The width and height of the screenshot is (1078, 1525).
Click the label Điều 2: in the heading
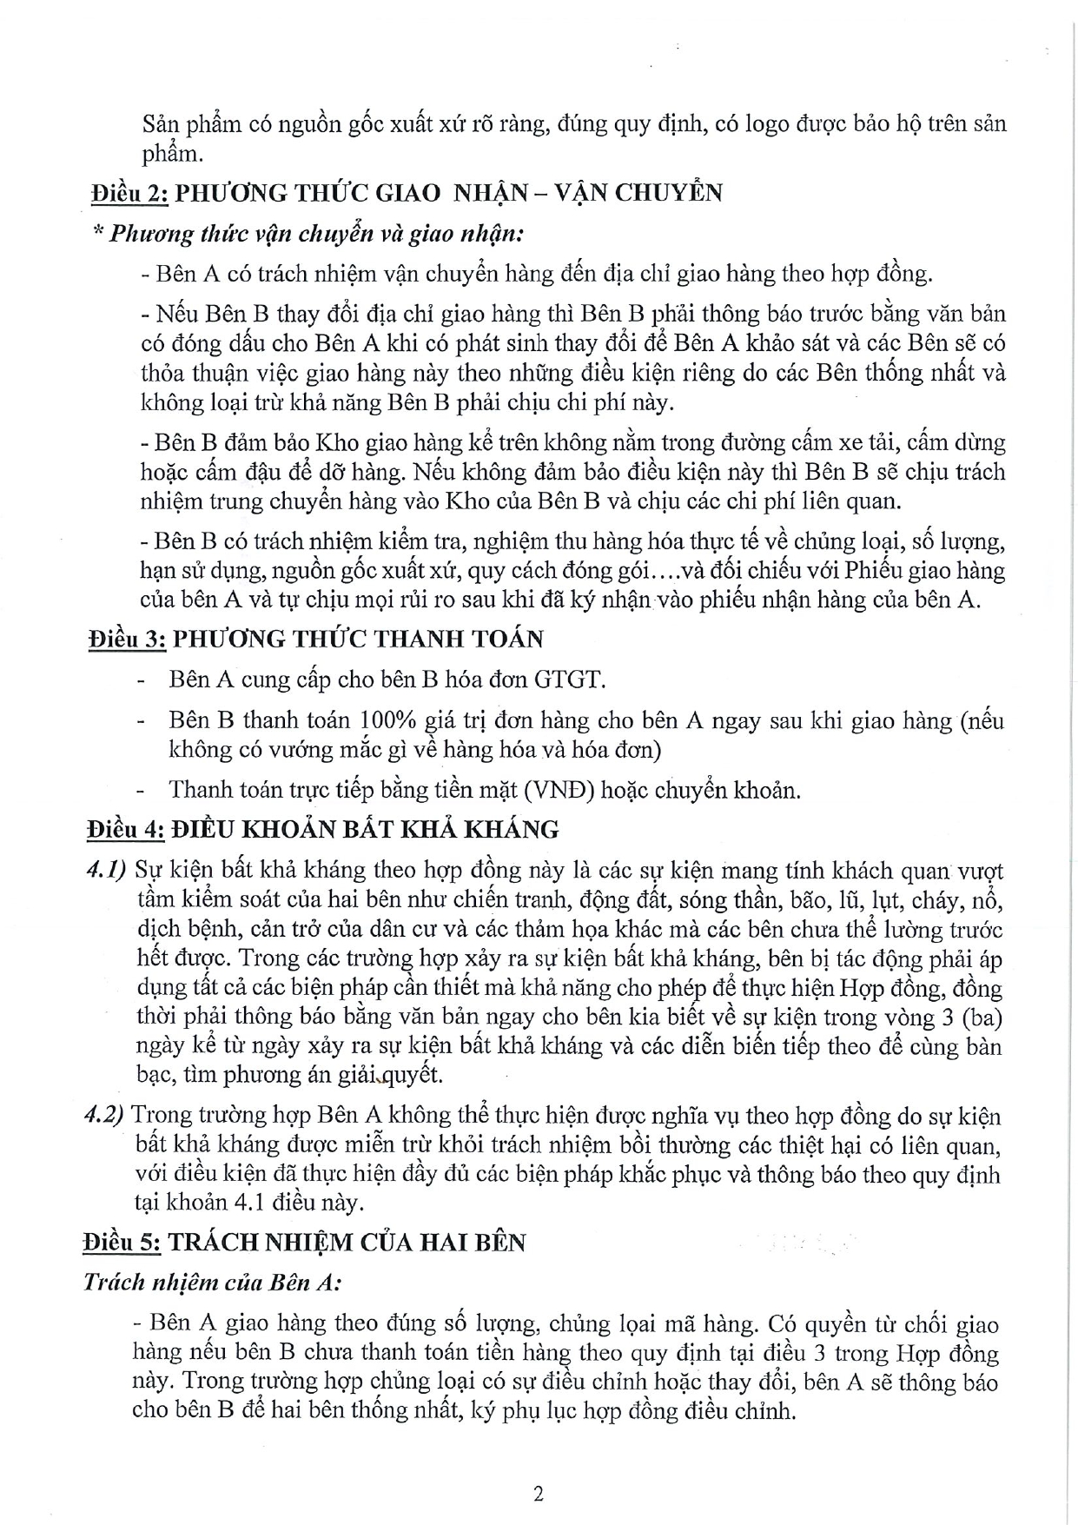pyautogui.click(x=129, y=192)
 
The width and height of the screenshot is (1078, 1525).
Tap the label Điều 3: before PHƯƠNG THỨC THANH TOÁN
pyautogui.click(x=127, y=639)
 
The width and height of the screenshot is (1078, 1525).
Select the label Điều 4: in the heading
pyautogui.click(x=125, y=830)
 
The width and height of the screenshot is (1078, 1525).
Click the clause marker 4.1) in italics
pyautogui.click(x=108, y=871)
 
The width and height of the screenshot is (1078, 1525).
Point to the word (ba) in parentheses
pyautogui.click(x=983, y=1018)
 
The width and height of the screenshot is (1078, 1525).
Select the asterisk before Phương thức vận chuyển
pyautogui.click(x=97, y=235)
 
